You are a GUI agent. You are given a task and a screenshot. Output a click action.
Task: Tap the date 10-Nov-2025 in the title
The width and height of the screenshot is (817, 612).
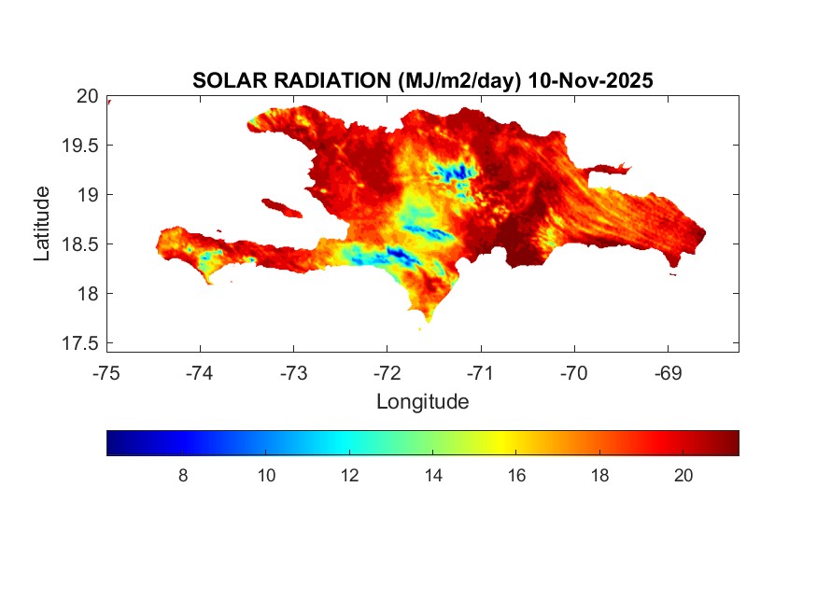(590, 81)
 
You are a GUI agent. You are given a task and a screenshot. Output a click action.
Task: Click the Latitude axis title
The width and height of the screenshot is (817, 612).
(42, 223)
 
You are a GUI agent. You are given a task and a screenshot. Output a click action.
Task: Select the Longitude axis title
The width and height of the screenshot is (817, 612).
(422, 402)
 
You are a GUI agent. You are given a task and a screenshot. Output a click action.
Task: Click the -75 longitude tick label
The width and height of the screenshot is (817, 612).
(107, 373)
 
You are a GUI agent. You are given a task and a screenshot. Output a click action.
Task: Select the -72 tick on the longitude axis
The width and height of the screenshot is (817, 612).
(387, 373)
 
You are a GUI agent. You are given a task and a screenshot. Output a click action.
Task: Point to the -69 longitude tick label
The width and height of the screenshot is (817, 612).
(668, 373)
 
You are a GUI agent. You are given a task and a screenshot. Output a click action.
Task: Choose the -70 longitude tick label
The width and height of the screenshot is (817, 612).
(574, 373)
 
